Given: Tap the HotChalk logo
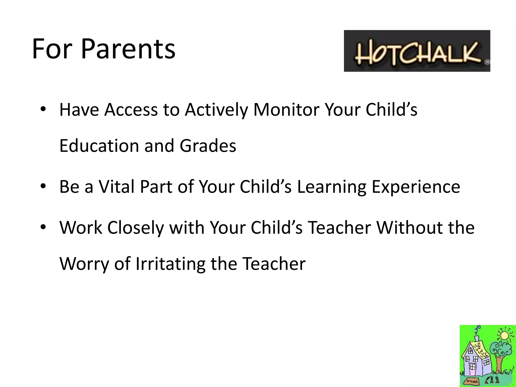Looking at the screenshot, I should [417, 51].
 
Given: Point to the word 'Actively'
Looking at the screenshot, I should [216, 110].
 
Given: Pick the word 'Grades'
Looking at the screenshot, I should [208, 146].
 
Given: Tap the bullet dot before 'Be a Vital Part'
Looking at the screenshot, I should [43, 186].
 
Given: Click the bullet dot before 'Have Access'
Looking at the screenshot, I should [43, 109].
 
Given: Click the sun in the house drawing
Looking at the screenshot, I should [504, 335].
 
